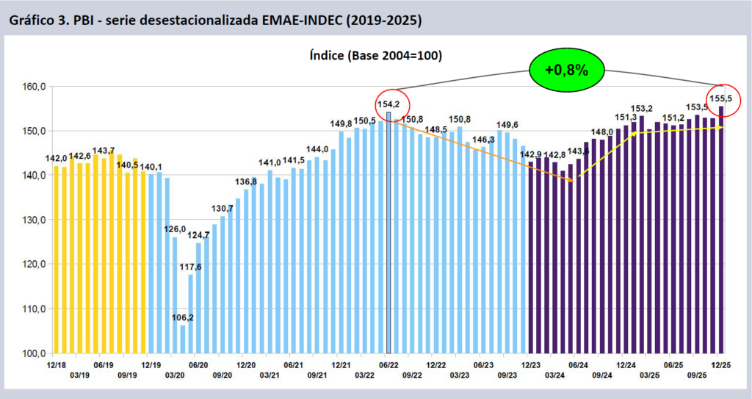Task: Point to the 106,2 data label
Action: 182,318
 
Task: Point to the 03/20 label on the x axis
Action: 175,375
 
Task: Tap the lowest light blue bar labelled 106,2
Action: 183,339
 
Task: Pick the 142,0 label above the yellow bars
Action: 57,159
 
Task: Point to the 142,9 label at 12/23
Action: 531,154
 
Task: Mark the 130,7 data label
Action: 223,209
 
